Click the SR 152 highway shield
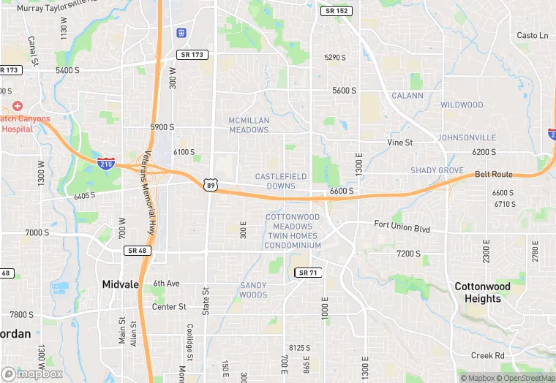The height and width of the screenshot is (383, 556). pos(337,11)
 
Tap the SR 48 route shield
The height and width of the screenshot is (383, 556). pos(137,251)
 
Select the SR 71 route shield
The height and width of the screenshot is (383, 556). pos(308,273)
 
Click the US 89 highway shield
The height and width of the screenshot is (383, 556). pos(211,185)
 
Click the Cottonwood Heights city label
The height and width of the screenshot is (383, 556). pos(482,292)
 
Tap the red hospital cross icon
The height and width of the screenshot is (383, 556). pos(18,107)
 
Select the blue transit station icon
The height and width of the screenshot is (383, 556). pos(181,33)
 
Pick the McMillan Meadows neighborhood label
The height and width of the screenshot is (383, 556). pos(249,125)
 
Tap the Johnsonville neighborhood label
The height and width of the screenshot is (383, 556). pos(467,137)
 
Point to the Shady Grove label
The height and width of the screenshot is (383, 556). pos(437,170)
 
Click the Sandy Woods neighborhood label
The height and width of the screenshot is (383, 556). pos(253,290)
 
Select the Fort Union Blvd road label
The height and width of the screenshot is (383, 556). pos(402,227)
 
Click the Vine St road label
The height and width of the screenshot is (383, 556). pos(400,143)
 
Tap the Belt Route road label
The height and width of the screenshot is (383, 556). pos(494,175)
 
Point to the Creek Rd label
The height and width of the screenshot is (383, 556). pos(488,355)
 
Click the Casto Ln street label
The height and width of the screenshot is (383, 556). pos(532,35)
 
